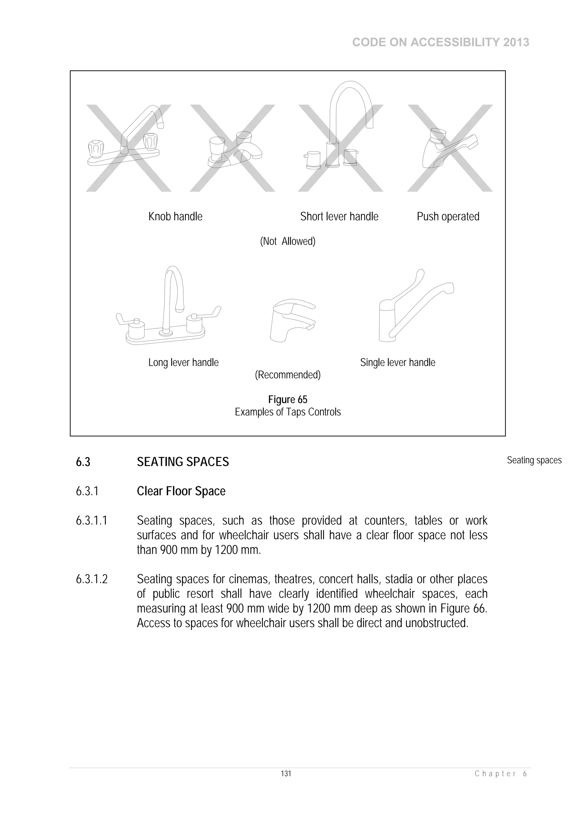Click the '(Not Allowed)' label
click(x=287, y=241)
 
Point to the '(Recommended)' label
click(x=287, y=375)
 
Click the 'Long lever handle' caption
click(x=183, y=362)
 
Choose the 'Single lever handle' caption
click(x=397, y=362)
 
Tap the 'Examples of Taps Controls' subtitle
click(x=287, y=412)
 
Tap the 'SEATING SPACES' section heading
click(x=183, y=462)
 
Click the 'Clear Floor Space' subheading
click(x=181, y=491)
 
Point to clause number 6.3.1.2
click(x=92, y=579)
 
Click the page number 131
click(x=286, y=773)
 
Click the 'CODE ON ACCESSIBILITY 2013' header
click(x=441, y=42)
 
